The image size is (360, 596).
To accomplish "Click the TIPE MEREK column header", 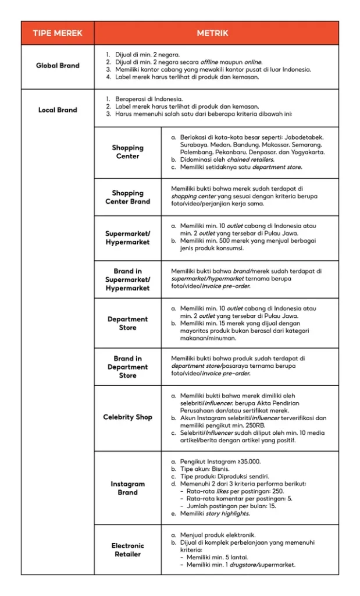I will [58, 33].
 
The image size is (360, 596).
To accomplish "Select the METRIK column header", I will [216, 33].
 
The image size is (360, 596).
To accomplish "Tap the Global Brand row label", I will [58, 66].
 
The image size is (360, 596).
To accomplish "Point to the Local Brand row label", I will [58, 110].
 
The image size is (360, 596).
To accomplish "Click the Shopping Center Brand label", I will [127, 197].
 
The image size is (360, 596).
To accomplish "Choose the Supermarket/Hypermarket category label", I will [127, 238].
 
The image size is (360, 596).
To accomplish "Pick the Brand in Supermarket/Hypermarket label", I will [127, 279].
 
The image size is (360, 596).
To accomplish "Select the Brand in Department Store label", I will [127, 367].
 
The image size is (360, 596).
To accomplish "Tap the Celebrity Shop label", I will [127, 417].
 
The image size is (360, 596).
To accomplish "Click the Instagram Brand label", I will [127, 488].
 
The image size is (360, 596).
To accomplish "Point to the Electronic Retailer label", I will [127, 549].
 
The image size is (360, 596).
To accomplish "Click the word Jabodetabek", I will [301, 137].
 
